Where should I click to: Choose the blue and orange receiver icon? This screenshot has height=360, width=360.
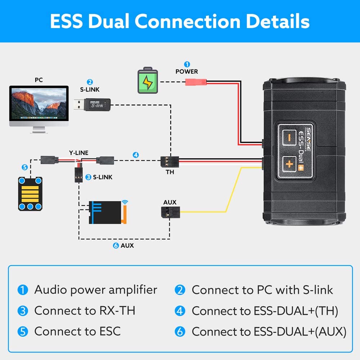107,212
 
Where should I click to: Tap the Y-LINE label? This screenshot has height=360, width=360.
79,153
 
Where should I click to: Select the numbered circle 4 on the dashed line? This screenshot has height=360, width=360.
135,155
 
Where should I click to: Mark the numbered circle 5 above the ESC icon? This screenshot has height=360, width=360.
24,167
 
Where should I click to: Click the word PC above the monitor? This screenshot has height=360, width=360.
39,80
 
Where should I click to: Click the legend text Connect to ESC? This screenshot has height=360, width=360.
77,331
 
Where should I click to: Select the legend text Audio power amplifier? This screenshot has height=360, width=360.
95,290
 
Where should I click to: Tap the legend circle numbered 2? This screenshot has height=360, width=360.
180,290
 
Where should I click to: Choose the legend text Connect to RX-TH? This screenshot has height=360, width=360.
85,311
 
